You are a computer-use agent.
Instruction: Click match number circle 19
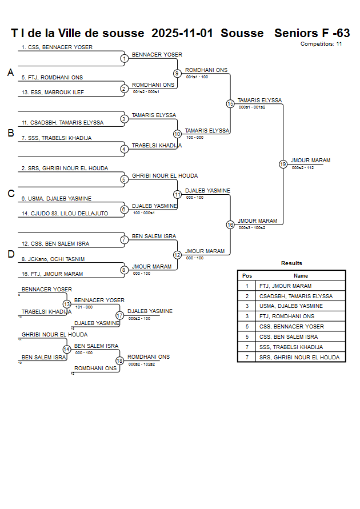tap(283, 165)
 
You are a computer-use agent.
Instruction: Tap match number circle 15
tap(230, 104)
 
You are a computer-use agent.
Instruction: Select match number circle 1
tap(124, 58)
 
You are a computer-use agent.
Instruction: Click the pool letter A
tap(10, 73)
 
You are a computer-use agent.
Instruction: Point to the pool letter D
tap(10, 255)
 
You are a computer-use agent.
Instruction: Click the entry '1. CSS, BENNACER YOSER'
tap(57, 47)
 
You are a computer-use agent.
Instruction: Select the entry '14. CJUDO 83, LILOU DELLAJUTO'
tap(65, 214)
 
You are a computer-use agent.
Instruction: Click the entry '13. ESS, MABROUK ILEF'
tap(53, 93)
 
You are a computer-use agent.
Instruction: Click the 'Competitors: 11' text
tap(321, 43)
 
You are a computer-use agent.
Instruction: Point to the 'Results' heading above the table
tap(291, 263)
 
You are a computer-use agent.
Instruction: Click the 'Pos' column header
tap(247, 275)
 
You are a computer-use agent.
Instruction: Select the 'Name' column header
tap(301, 275)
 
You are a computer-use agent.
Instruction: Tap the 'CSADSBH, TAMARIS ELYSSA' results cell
tap(295, 296)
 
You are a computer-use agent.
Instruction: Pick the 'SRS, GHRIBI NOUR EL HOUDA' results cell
tap(299, 358)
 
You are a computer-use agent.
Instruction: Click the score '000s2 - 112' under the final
tap(302, 168)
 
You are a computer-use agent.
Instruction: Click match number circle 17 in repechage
tap(119, 315)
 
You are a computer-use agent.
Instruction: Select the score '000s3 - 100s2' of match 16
tap(252, 228)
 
